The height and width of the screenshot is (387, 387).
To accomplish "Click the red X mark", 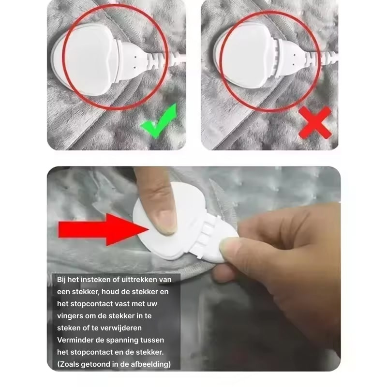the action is [x=315, y=123].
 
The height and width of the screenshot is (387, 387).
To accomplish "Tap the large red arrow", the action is [x=103, y=229].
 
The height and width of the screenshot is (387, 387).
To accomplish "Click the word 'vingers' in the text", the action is [x=70, y=316].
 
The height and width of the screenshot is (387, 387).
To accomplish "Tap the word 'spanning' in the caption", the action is [x=123, y=341].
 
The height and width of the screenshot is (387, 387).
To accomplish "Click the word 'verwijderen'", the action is [x=119, y=328].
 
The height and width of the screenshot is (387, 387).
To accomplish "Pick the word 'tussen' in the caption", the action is [x=152, y=340].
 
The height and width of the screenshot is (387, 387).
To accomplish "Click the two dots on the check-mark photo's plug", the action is [x=135, y=62].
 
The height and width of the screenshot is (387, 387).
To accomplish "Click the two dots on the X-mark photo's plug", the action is [x=294, y=60].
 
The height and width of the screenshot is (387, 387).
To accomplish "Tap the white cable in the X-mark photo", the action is [x=331, y=60].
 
